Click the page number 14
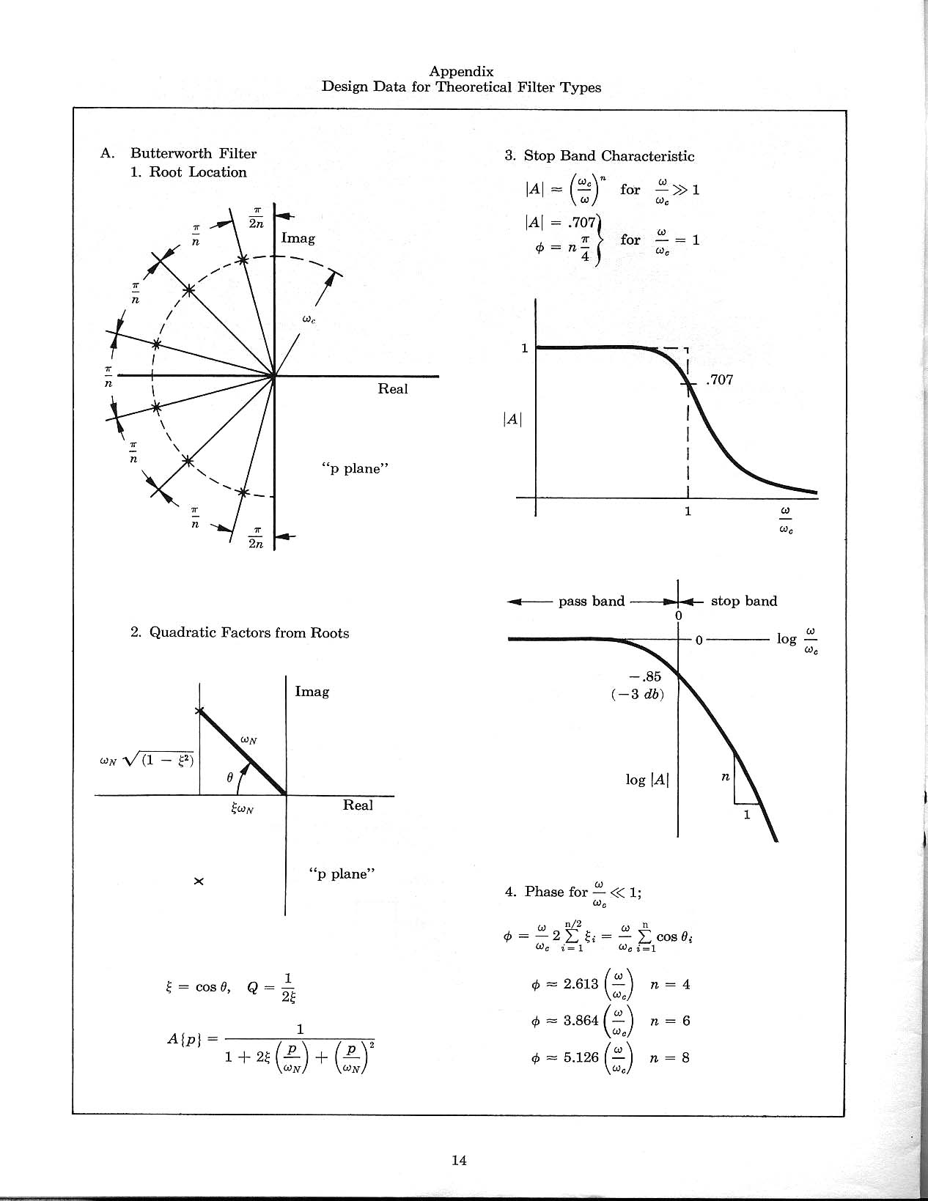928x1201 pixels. tap(460, 1160)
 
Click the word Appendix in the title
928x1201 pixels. tap(461, 71)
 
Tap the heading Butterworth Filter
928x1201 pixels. tap(194, 153)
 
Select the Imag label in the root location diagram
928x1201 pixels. tap(298, 238)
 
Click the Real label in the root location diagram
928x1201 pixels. tap(392, 389)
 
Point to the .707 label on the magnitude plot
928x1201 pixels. tap(719, 380)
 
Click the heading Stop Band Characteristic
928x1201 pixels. tap(608, 156)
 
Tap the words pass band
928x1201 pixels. tap(591, 601)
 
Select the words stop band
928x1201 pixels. tap(743, 601)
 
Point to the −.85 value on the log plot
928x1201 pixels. tap(645, 676)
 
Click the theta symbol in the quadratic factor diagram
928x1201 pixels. tap(229, 778)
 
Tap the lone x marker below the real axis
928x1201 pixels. tap(198, 881)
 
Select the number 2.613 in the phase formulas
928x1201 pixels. tap(581, 984)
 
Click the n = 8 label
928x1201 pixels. tap(670, 1057)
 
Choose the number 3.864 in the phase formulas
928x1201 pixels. tap(581, 1021)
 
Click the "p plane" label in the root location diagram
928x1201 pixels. tap(354, 468)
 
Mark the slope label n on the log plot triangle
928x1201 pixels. tap(725, 777)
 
